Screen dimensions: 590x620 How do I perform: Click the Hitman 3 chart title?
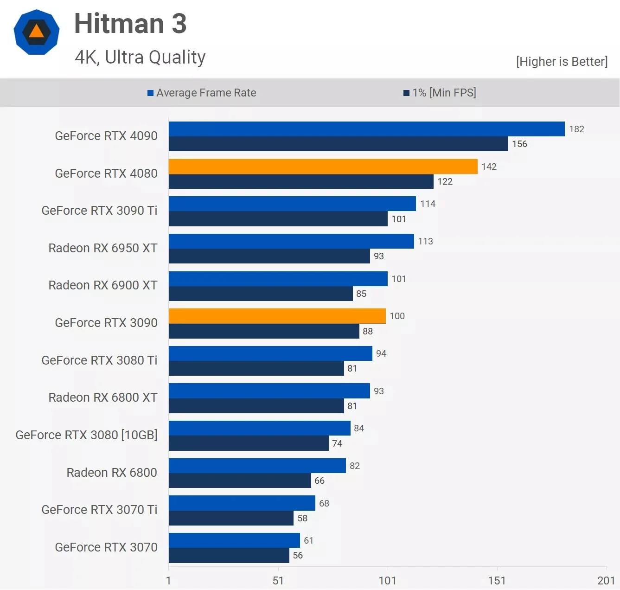(x=130, y=24)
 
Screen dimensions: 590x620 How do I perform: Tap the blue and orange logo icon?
(x=37, y=32)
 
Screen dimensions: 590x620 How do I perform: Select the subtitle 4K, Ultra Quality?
(x=140, y=58)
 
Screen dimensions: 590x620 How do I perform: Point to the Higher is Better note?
(x=562, y=62)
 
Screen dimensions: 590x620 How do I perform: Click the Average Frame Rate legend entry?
(x=202, y=93)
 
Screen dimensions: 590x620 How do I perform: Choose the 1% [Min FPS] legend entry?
(x=440, y=93)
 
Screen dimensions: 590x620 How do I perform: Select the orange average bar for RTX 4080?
(x=323, y=167)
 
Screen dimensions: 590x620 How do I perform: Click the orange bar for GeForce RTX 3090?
(x=277, y=316)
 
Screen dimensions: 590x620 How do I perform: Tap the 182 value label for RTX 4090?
(x=576, y=129)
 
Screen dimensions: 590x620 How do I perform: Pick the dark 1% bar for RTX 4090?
(x=338, y=144)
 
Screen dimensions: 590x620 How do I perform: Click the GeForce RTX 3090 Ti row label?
(x=99, y=211)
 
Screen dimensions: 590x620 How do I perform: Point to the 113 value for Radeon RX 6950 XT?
(x=425, y=241)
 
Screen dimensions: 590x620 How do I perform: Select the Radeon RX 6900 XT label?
(x=102, y=285)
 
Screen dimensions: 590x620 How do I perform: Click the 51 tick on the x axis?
(x=278, y=580)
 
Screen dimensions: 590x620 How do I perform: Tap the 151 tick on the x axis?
(x=497, y=580)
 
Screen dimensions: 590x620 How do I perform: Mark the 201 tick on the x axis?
(x=606, y=580)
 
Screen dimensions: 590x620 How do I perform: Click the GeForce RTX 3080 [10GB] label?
(x=86, y=435)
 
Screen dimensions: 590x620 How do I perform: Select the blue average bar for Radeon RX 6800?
(x=257, y=466)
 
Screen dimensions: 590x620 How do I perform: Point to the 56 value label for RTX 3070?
(x=298, y=555)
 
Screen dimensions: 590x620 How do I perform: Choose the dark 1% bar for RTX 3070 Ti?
(x=231, y=518)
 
